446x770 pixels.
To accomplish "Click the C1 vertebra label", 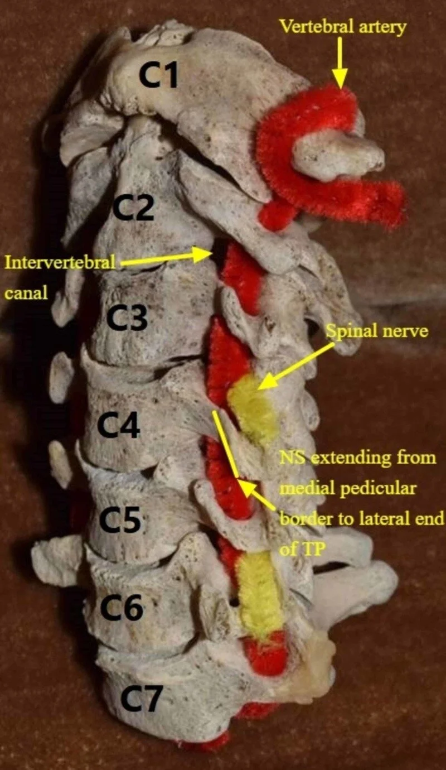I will pyautogui.click(x=158, y=76).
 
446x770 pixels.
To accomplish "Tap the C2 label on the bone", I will pyautogui.click(x=134, y=209).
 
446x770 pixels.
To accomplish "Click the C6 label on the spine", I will pyautogui.click(x=121, y=607).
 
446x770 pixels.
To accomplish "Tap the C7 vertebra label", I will pyautogui.click(x=141, y=699).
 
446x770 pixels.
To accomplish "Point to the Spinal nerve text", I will pyautogui.click(x=377, y=331).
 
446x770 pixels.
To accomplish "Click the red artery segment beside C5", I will pyautogui.click(x=229, y=480).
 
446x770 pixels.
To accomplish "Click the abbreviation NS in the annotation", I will pyautogui.click(x=293, y=459).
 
